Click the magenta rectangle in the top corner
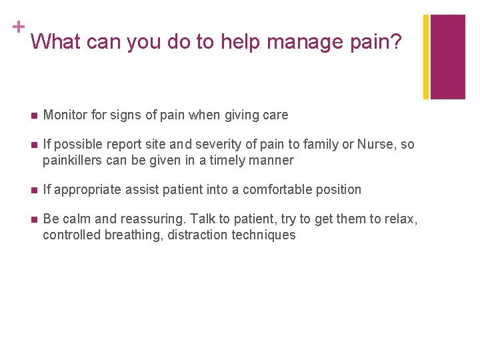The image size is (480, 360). click(448, 57)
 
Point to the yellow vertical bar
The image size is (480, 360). click(426, 57)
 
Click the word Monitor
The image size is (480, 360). click(65, 115)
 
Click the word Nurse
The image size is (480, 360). click(377, 145)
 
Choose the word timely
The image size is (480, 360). click(227, 160)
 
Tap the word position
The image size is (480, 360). click(339, 190)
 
